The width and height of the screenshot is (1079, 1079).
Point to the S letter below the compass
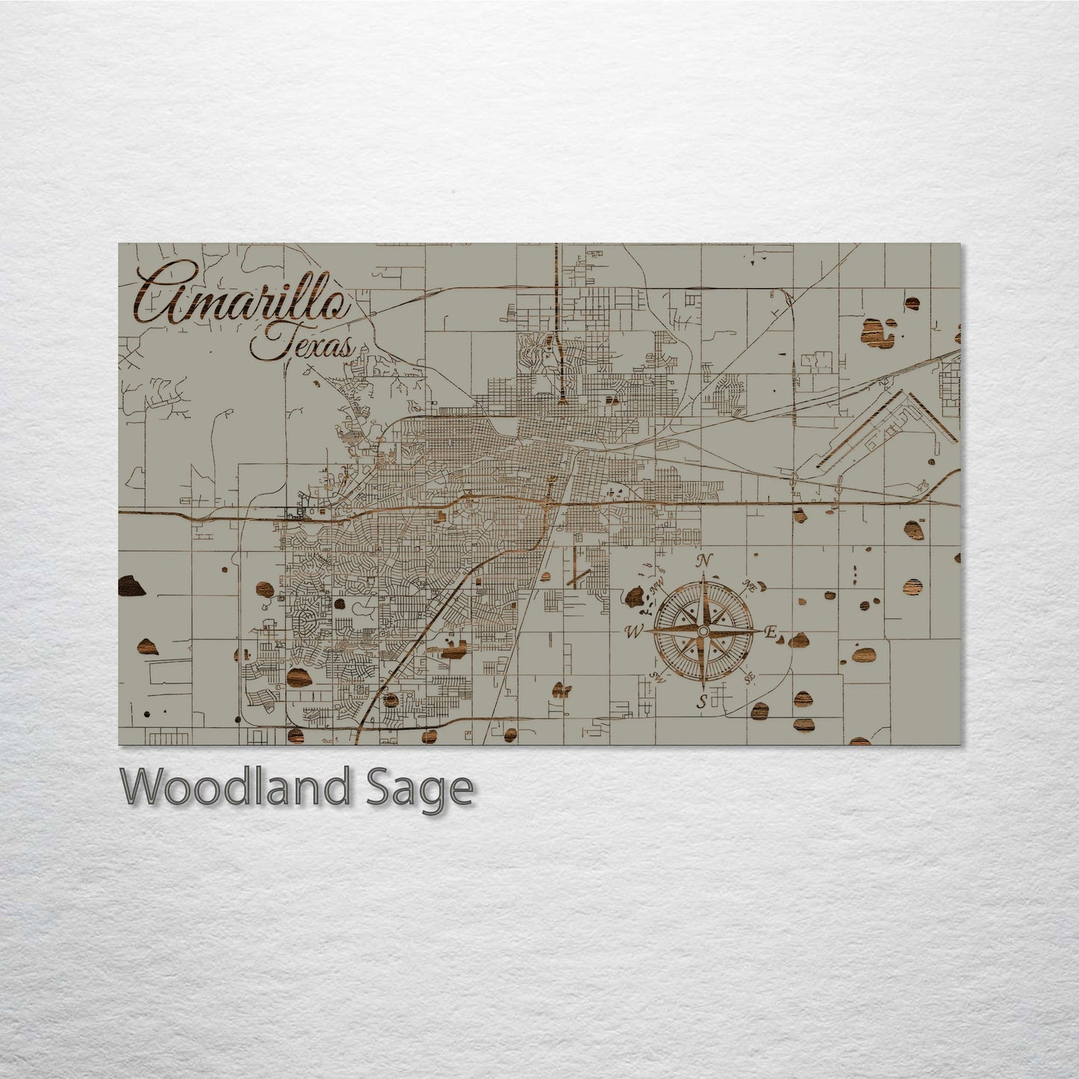coord(701,701)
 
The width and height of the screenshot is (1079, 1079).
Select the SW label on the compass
coord(656,677)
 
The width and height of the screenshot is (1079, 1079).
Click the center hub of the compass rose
coord(702,632)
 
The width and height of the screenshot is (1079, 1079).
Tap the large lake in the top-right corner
coord(879,332)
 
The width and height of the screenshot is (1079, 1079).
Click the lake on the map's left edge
coord(131,587)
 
